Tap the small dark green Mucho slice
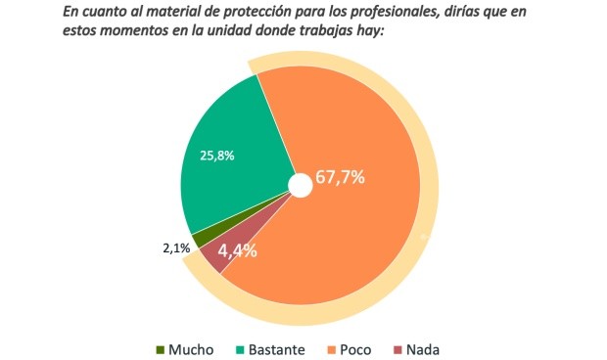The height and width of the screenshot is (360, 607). [200, 238]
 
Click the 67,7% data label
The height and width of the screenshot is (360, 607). [340, 178]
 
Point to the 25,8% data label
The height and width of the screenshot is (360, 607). [216, 155]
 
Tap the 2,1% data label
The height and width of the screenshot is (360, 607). [176, 248]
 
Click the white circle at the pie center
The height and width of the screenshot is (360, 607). [301, 184]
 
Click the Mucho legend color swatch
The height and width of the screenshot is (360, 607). [161, 349]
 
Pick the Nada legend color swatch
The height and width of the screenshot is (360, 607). [397, 349]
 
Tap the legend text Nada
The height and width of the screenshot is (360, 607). [429, 349]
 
